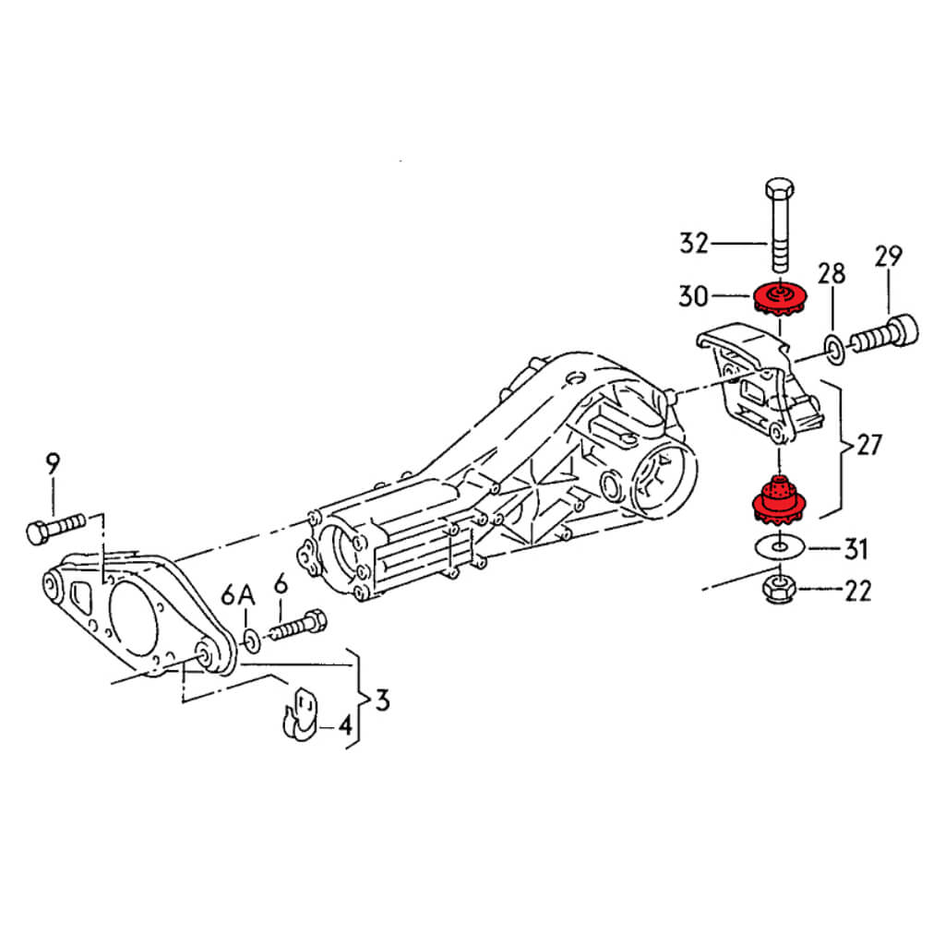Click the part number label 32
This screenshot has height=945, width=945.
coord(694,244)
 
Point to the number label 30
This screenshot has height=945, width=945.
coord(693,296)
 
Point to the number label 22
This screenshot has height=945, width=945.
coord(857,590)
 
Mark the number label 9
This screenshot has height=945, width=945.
coord(53,464)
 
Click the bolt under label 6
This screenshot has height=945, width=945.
coord(299,626)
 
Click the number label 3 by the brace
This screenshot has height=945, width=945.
coord(381,700)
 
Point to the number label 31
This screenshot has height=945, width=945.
coord(855,550)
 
